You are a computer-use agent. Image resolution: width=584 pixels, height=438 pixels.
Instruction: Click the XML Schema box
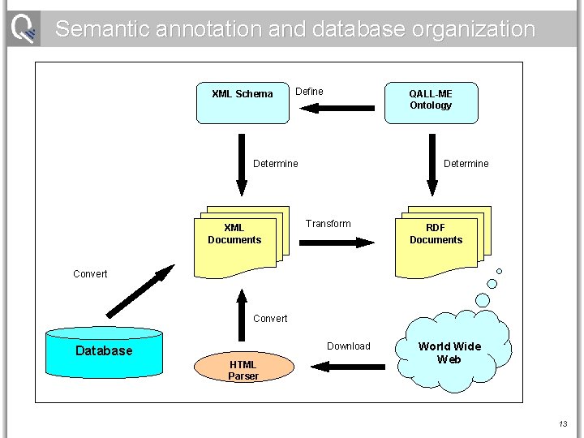[x=243, y=101]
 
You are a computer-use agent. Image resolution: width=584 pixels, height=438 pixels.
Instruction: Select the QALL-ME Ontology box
[x=430, y=101]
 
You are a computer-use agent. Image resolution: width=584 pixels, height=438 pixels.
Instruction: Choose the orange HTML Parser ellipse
[x=243, y=369]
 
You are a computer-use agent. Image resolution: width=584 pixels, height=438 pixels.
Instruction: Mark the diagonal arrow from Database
[x=140, y=290]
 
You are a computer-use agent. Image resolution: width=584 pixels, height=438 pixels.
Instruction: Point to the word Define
[x=309, y=92]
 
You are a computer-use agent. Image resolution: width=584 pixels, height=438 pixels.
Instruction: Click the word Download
[x=348, y=346]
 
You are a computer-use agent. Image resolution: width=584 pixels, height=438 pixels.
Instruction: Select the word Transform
[x=328, y=224]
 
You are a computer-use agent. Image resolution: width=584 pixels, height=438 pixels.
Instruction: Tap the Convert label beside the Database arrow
[x=90, y=274]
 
